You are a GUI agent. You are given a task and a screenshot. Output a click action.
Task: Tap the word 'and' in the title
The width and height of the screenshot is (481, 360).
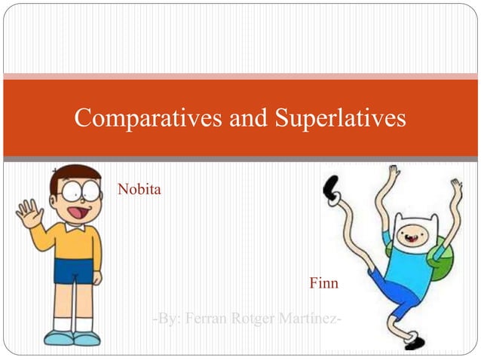[249, 117]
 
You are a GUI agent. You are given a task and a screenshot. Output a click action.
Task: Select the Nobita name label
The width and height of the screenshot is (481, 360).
[139, 189]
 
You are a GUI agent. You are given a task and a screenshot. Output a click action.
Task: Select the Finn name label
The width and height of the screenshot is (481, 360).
[323, 284]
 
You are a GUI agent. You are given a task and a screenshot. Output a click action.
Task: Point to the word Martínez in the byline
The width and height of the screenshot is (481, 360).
[311, 320]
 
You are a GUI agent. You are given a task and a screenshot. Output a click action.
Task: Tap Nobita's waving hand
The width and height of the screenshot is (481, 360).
[29, 213]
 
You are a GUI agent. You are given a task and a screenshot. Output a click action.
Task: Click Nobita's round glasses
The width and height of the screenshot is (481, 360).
[79, 192]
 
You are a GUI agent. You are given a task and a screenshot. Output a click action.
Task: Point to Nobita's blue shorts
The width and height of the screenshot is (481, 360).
[75, 270]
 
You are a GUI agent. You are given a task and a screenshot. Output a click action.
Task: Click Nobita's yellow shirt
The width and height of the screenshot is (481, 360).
[75, 241]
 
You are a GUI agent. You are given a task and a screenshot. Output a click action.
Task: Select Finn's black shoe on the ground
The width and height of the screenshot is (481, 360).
[413, 343]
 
